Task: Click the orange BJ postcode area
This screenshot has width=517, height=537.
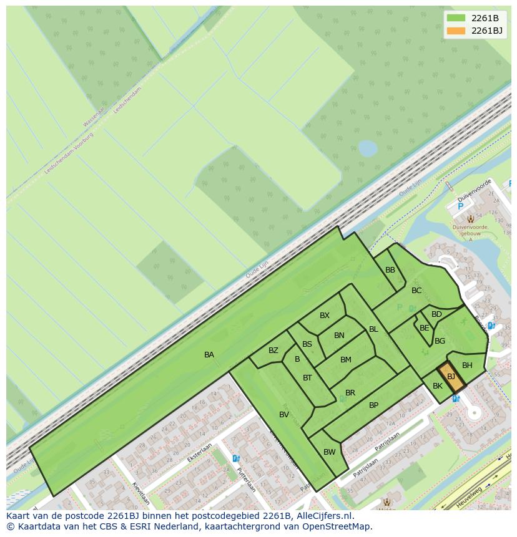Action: (451, 377)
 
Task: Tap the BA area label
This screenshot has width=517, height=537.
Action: (209, 355)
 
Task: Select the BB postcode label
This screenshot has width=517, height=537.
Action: (390, 270)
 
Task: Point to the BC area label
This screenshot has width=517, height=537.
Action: (416, 291)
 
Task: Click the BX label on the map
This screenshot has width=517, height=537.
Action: (325, 316)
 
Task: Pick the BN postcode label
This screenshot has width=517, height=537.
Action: (339, 336)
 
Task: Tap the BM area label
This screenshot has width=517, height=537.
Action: (346, 360)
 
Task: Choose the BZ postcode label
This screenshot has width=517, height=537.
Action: (273, 351)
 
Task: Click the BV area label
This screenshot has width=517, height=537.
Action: (284, 415)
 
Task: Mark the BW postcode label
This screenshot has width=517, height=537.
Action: (330, 452)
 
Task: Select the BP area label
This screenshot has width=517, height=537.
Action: (373, 405)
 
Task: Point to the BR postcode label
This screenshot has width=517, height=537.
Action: (350, 393)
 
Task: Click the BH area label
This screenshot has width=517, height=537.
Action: (467, 365)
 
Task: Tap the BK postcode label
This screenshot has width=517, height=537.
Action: (438, 387)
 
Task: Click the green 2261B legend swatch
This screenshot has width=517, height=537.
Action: (456, 17)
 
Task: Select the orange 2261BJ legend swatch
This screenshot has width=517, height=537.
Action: (456, 31)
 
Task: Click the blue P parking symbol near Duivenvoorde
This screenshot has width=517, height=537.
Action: (461, 206)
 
